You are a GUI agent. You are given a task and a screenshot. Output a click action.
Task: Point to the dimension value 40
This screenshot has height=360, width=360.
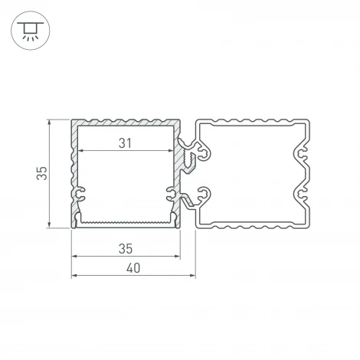point(133,268)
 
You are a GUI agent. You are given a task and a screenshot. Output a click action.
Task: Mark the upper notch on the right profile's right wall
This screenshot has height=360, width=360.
point(305,152)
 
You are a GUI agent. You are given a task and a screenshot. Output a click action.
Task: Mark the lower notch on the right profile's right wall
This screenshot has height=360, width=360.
point(305,197)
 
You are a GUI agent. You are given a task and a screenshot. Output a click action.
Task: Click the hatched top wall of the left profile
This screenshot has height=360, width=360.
point(128,123)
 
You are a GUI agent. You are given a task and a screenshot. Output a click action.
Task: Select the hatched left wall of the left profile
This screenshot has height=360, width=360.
point(74,173)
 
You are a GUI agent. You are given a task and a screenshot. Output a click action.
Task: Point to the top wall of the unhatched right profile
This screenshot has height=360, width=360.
point(253,123)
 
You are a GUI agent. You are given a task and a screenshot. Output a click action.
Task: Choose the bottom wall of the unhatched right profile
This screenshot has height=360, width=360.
point(253,226)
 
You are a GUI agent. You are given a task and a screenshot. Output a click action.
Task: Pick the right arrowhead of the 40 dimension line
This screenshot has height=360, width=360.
point(191,277)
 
